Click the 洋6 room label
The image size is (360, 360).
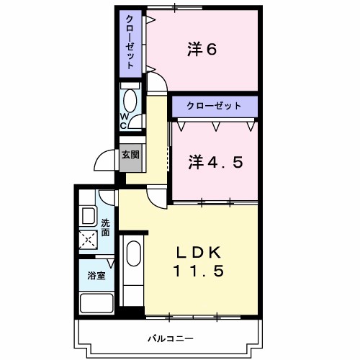(x=202, y=49)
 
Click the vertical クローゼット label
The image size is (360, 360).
(x=130, y=42)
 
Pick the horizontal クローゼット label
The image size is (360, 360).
(x=214, y=105)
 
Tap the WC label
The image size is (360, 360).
(x=124, y=120)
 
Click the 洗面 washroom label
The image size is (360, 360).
(x=105, y=228)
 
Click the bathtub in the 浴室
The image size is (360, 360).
(x=96, y=303)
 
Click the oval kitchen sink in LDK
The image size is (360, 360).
(x=134, y=256)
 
